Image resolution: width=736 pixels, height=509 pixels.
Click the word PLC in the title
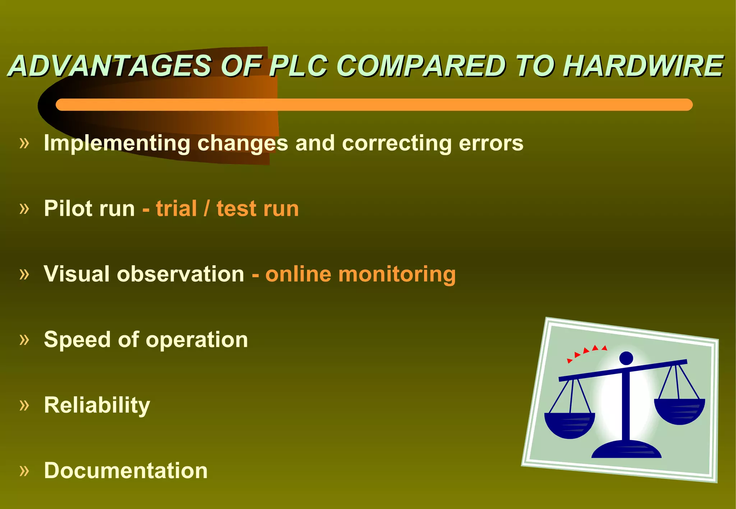(298, 66)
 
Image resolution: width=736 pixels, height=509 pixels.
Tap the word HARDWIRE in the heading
(643, 66)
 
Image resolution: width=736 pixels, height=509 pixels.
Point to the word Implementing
(116, 143)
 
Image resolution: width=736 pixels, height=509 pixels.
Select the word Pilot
(69, 208)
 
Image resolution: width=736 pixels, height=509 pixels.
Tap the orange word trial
(176, 209)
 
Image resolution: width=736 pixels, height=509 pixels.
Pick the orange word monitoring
(397, 275)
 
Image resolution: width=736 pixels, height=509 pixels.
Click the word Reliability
(97, 405)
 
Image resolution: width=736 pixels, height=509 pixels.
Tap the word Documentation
(126, 471)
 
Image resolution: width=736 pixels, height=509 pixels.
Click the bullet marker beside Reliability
(24, 405)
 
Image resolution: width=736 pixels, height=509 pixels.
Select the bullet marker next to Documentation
(24, 470)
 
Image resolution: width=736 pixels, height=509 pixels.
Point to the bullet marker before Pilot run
(24, 208)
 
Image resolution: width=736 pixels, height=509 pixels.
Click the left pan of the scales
(570, 425)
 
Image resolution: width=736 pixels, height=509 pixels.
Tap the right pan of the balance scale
(679, 411)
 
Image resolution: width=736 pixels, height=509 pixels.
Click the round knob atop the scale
(626, 358)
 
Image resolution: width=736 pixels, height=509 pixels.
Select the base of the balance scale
(626, 450)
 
